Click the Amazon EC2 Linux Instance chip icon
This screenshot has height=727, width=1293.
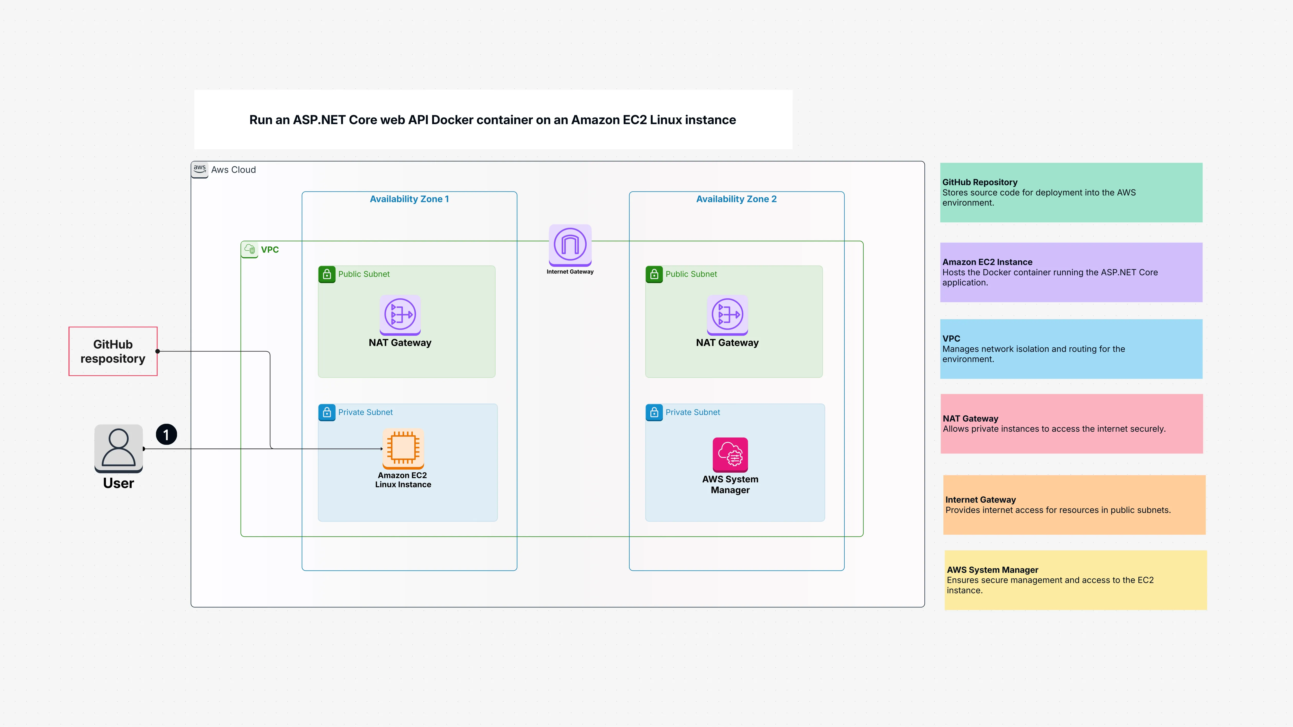tap(403, 448)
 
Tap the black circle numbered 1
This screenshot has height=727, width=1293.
tap(166, 434)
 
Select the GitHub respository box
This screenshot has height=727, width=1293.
tap(113, 351)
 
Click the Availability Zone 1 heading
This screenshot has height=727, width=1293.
tap(409, 199)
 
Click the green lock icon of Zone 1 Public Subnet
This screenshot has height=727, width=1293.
tap(327, 274)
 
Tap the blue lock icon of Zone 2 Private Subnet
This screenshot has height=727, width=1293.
tap(654, 412)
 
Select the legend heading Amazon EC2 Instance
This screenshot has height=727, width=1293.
tap(987, 262)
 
